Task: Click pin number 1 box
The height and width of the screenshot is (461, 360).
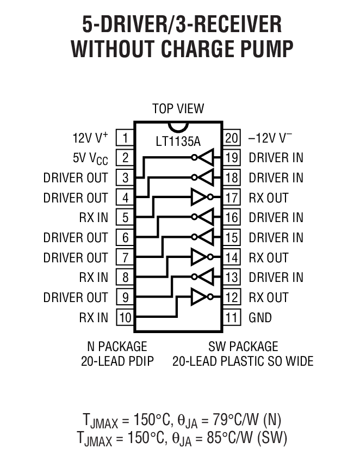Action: (125, 138)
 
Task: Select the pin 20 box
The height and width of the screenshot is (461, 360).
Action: (232, 138)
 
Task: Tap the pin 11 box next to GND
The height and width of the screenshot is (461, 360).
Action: (232, 317)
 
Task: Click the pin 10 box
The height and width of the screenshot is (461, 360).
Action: (125, 317)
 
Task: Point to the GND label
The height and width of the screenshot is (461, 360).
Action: (260, 317)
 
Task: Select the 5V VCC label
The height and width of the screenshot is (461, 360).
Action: (90, 158)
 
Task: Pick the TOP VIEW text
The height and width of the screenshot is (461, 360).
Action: (178, 108)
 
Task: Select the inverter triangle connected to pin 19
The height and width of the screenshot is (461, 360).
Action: (207, 158)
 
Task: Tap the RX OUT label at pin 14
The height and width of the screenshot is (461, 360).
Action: (269, 257)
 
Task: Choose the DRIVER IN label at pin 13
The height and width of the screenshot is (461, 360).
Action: (276, 278)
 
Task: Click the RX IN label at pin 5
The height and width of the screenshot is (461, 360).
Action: (94, 218)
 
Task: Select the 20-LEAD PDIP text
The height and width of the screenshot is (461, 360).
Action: (117, 361)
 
